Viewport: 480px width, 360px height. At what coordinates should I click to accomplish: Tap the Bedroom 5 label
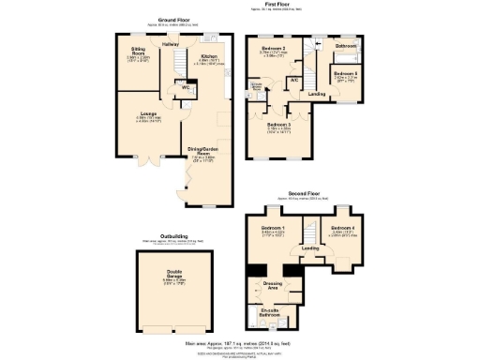pos(345,72)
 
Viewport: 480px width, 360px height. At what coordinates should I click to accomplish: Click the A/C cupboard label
pos(294,80)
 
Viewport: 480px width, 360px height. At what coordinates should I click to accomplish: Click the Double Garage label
pos(176,276)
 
